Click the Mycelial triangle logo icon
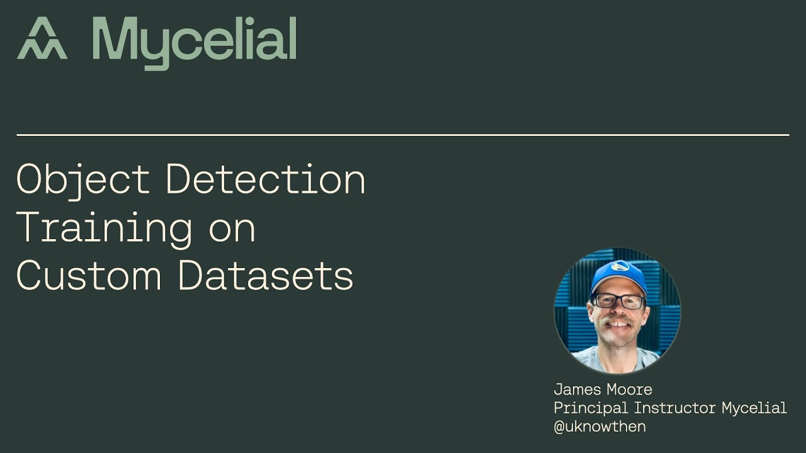pos(42,39)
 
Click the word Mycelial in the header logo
pos(194,42)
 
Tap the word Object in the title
pos(82,179)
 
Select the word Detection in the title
pos(265,179)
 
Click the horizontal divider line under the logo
pos(403,135)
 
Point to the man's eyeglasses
pos(618,301)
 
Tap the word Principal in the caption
pos(591,408)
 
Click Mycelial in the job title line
pos(754,408)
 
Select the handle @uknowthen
pos(599,427)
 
